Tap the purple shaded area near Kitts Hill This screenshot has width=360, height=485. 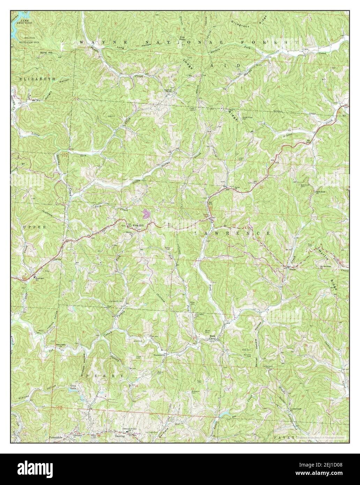click(146, 213)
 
